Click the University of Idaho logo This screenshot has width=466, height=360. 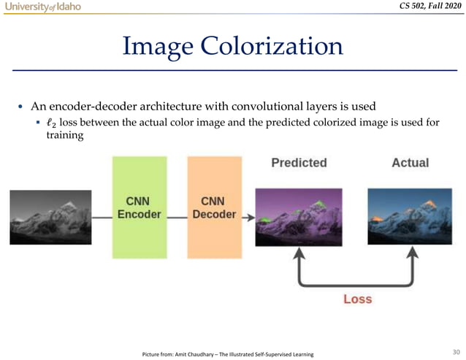pyautogui.click(x=42, y=7)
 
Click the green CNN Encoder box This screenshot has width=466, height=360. pyautogui.click(x=139, y=207)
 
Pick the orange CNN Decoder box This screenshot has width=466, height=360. pyautogui.click(x=218, y=207)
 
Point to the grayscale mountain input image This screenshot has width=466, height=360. pyautogui.click(x=50, y=217)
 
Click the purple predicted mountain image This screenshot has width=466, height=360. pyautogui.click(x=299, y=216)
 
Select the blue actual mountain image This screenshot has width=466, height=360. pyautogui.click(x=410, y=216)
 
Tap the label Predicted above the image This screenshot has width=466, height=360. pyautogui.click(x=299, y=163)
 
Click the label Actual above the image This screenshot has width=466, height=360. pyautogui.click(x=410, y=163)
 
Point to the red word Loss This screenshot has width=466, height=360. pyautogui.click(x=357, y=299)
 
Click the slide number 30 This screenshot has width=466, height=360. pyautogui.click(x=455, y=350)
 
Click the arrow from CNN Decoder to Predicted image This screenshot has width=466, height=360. pyautogui.click(x=249, y=217)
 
